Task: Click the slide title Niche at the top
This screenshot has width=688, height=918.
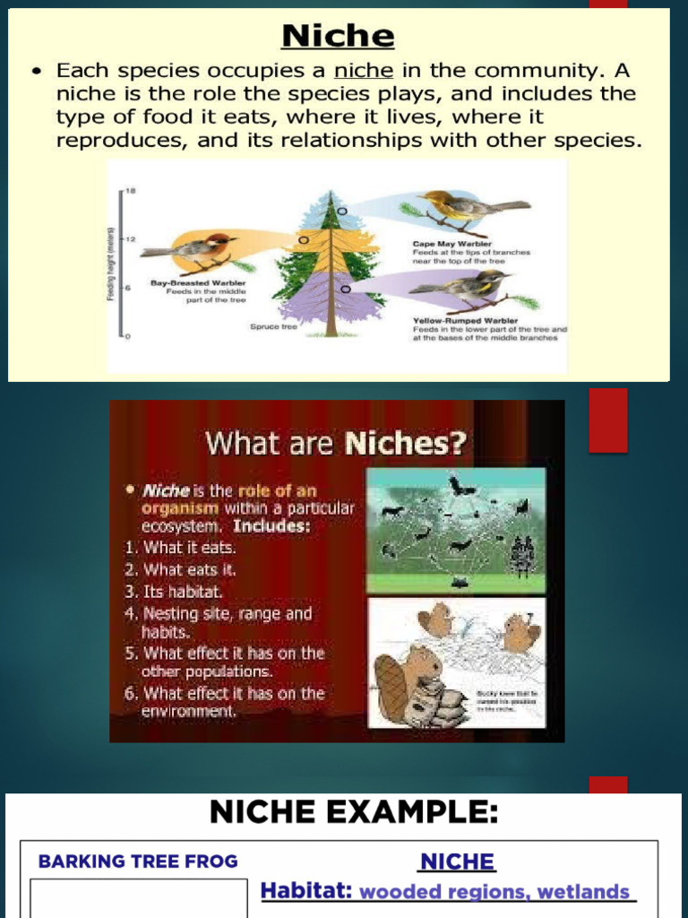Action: coord(339,36)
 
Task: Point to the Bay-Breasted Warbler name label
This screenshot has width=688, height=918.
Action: coord(197,283)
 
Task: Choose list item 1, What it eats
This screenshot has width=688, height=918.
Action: coord(180,547)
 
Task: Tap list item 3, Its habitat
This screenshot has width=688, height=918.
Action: coord(175,592)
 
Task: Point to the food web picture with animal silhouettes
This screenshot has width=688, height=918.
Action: coord(456,529)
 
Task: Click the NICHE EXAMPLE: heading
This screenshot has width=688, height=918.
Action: coord(353,812)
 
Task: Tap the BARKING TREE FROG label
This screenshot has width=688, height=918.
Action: coord(138,862)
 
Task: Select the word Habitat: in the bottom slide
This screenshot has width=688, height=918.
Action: coord(305,892)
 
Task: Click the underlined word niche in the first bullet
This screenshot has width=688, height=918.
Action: coord(364,70)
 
